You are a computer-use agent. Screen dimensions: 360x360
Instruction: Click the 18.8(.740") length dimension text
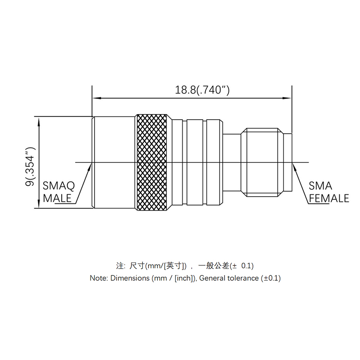coord(202,90)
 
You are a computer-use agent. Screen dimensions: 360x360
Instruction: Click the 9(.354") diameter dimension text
coord(30,166)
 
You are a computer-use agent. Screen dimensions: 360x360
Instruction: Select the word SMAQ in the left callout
coord(59,186)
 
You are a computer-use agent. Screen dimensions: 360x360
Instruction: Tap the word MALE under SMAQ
coord(57,198)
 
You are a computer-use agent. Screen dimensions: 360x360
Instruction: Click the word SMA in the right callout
coord(320,186)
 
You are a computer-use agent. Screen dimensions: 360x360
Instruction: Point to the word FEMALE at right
coord(329,198)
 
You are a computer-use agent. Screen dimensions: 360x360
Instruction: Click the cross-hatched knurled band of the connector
coord(152,162)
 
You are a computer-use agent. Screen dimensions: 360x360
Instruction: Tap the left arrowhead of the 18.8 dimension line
coord(96,98)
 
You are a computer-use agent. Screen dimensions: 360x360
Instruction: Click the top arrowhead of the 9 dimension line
coord(39,121)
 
